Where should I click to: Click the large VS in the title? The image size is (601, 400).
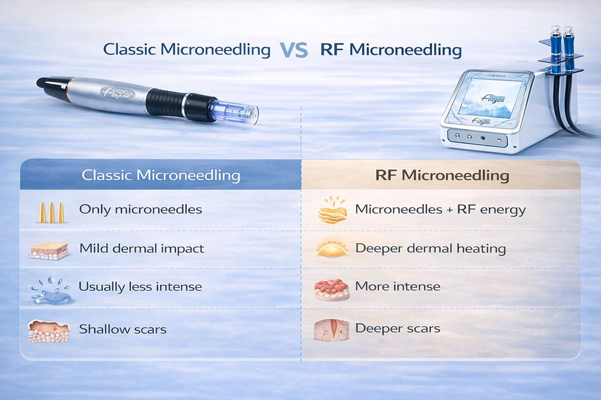293,50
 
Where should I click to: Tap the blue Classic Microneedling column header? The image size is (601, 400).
161,175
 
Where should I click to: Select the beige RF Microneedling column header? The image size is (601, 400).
442,175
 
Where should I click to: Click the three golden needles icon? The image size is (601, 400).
51,211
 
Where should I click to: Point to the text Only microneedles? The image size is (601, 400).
140,209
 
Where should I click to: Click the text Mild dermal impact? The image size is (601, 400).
141,248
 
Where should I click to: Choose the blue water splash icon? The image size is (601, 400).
50,289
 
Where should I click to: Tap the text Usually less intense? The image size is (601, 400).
140,287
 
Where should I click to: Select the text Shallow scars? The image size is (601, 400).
123,329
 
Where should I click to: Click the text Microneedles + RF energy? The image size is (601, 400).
440,209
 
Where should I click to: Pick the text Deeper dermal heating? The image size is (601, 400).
430,248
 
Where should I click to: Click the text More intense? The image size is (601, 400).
398,287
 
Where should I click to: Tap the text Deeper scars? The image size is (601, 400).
398,328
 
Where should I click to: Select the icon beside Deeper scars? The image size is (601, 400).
331,330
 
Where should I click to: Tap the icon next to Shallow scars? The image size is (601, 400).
49,331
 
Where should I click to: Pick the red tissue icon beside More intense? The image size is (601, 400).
331,289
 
